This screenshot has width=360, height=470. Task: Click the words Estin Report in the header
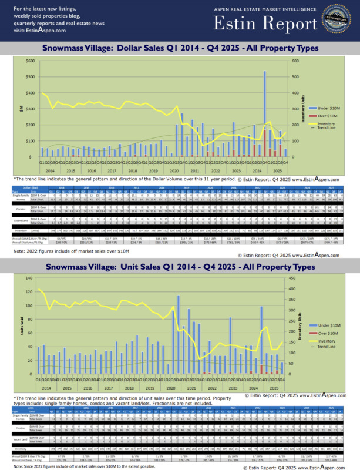(x=265, y=25)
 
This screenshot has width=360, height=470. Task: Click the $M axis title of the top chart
(x=21, y=109)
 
